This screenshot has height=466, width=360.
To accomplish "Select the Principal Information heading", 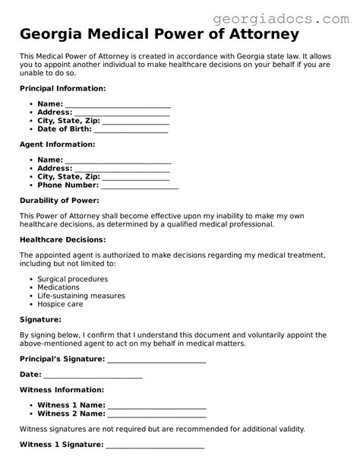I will click(62, 88).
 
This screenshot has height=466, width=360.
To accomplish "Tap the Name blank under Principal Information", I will click(118, 105).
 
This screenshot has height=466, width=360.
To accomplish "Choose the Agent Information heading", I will click(57, 144).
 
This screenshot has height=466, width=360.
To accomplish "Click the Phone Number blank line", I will click(139, 186).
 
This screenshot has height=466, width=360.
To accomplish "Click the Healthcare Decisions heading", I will click(62, 239).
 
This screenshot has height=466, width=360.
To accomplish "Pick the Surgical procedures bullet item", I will click(73, 278).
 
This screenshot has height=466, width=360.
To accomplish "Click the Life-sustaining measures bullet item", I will click(81, 296).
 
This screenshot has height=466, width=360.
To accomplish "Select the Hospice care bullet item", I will click(61, 305).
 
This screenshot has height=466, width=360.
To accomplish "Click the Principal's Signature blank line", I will click(156, 360).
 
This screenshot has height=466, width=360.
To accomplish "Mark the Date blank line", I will click(93, 376).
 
